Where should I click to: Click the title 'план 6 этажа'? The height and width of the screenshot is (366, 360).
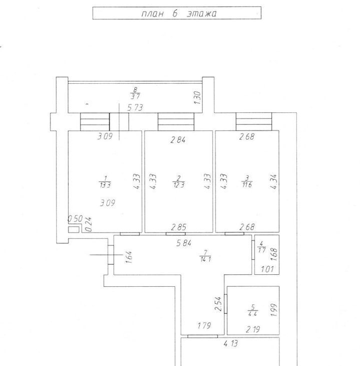[x=179, y=14]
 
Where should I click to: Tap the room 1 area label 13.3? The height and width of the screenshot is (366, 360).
[x=105, y=185]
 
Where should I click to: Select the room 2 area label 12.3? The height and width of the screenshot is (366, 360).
[x=179, y=185]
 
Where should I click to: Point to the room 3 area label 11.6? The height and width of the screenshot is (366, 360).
[x=247, y=185]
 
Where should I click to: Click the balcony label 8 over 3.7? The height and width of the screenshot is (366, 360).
[x=135, y=93]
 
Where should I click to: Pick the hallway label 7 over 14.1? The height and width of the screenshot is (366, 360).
[x=205, y=256]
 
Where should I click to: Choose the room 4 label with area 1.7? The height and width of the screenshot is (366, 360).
[x=261, y=247]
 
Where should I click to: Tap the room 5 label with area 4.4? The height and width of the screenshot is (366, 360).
[x=252, y=310]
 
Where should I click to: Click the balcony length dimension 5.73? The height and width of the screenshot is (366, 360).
[x=135, y=108]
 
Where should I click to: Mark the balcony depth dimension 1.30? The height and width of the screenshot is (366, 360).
[x=197, y=98]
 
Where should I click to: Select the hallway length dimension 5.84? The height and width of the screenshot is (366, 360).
[x=184, y=243]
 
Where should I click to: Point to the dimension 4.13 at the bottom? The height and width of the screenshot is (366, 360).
[x=231, y=343]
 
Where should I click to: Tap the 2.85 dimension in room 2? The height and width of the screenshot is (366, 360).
[x=179, y=227]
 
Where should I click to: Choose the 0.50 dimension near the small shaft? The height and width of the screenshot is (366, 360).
[x=75, y=219]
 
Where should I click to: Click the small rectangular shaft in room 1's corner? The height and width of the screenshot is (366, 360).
[x=74, y=230]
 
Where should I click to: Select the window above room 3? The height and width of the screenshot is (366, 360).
[x=254, y=122]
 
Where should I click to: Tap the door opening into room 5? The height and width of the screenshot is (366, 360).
[x=225, y=304]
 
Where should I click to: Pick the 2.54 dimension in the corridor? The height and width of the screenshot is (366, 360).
[x=218, y=304]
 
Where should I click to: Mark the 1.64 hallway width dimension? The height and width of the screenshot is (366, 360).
[x=129, y=257]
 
